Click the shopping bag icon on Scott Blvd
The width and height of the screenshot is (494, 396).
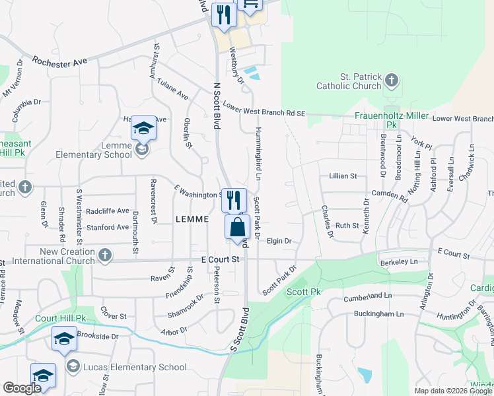(237, 228)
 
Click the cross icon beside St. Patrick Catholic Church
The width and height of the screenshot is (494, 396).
(392, 81)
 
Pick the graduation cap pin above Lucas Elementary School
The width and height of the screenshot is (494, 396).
(63, 340)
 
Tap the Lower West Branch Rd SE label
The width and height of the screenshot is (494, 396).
(264, 109)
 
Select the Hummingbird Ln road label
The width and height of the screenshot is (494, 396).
(258, 154)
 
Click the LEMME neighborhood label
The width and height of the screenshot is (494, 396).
(192, 218)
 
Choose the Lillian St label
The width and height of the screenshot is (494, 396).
(343, 176)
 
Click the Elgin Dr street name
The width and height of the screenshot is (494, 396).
(279, 241)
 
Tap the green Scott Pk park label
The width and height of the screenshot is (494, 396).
(304, 292)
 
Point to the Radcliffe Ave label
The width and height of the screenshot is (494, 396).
(107, 211)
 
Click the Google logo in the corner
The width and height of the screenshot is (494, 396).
(22, 389)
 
